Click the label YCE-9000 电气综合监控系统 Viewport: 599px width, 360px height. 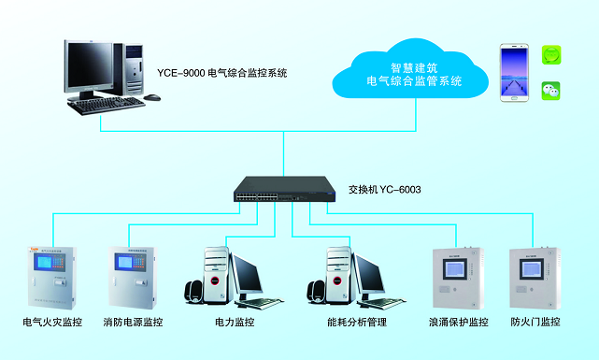click(221, 73)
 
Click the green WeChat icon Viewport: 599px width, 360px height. click(551, 90)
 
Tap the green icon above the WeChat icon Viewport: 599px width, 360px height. click(551, 55)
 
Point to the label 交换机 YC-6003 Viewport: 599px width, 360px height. click(384, 190)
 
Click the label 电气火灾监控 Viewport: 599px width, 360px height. click(52, 323)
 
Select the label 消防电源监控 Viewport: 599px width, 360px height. click(133, 323)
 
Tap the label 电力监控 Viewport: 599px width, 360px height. click(235, 323)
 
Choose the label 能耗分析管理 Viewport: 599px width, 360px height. click(357, 323)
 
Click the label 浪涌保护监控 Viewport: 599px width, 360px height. click(458, 323)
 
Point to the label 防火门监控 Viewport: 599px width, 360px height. click(535, 323)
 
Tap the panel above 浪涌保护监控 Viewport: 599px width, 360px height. click(456, 276)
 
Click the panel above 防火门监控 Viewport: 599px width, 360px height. click(535, 276)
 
